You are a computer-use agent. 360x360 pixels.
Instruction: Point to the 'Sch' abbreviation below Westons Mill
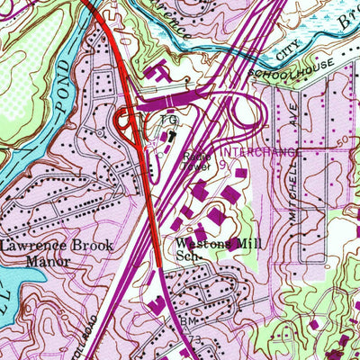point(187,256)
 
